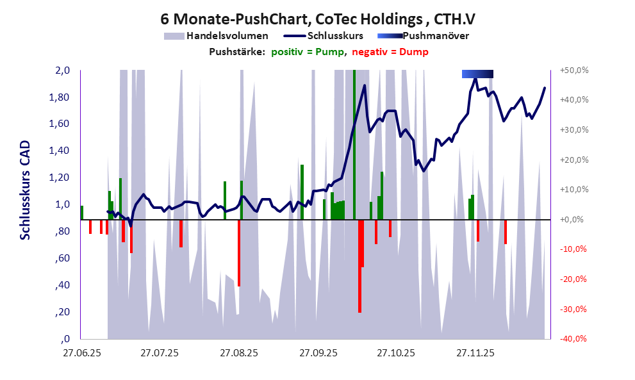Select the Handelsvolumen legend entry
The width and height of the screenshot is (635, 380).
tap(227, 36)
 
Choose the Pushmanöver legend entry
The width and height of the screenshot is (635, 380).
tap(435, 36)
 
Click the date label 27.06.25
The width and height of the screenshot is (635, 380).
tap(81, 352)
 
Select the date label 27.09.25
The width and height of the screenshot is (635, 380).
tap(318, 352)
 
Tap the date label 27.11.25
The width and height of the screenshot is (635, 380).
tap(475, 352)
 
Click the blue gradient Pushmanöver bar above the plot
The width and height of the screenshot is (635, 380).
tap(477, 74)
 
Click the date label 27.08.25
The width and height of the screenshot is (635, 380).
tap(239, 352)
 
